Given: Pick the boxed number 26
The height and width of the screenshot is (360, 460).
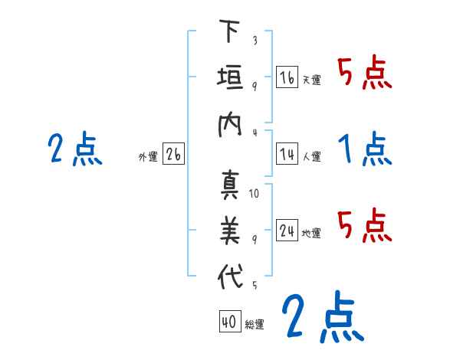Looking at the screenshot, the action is [x=173, y=155].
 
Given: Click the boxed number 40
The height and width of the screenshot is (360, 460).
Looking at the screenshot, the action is [x=228, y=322].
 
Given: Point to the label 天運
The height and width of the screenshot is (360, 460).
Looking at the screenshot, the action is [x=311, y=80].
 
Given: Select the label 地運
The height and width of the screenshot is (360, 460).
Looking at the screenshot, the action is [x=311, y=233].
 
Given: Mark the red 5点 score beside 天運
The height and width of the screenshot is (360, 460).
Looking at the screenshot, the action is [x=365, y=74].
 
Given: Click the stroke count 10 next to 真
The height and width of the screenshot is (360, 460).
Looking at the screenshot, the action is [x=254, y=193].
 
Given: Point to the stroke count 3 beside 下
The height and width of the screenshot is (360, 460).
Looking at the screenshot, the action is [x=255, y=41].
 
